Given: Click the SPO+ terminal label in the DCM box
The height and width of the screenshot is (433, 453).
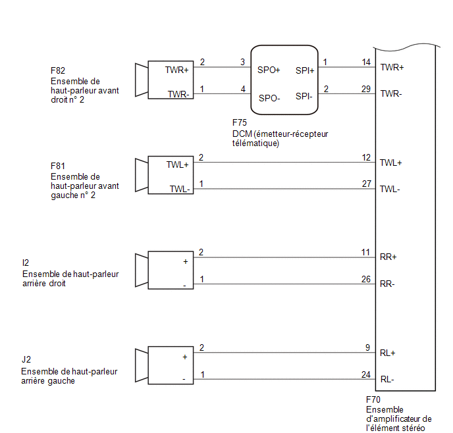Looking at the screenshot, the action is click(269, 70).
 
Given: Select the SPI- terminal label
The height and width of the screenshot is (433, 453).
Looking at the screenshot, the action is click(304, 96).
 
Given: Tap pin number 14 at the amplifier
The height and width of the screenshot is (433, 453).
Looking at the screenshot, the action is click(366, 62).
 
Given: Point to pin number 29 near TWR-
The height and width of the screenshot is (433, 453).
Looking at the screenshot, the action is click(365, 89).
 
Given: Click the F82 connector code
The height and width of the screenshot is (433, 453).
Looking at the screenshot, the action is click(58, 70).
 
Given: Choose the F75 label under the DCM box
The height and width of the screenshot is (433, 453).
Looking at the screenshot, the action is click(240, 122).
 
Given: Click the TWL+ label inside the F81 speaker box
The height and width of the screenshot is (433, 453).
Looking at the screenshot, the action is click(177, 165).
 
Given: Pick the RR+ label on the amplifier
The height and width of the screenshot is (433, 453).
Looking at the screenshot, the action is click(388, 257).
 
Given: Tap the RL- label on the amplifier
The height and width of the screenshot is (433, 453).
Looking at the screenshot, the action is click(387, 379).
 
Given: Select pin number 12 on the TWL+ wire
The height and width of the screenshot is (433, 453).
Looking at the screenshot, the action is click(366, 157).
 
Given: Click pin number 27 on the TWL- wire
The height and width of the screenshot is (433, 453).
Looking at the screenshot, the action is click(366, 184).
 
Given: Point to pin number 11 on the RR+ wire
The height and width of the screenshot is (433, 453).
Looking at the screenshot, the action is click(365, 252).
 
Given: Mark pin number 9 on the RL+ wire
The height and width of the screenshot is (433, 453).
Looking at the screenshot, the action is click(367, 347).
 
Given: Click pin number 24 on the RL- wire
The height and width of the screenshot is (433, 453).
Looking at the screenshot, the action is click(365, 374).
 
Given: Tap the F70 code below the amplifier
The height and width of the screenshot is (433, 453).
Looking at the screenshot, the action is click(373, 400).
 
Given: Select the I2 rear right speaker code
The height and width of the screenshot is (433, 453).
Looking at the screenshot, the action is click(26, 263).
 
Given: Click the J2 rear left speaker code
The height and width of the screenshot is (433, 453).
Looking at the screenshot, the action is click(26, 360).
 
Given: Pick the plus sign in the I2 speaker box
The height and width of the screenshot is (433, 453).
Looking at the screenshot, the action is click(186, 262).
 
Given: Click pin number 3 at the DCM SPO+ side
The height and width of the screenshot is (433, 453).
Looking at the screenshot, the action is click(243, 62).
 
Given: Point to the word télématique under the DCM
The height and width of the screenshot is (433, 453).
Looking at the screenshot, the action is click(255, 143).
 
